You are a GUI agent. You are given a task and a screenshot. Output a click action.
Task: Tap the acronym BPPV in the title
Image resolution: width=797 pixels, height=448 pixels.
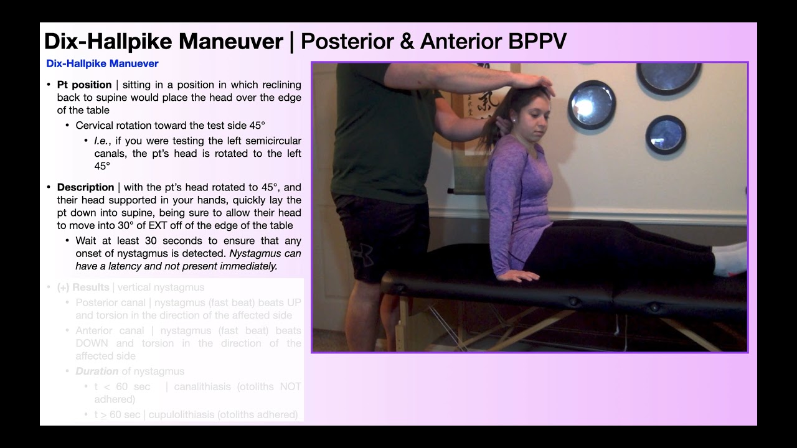(537, 42)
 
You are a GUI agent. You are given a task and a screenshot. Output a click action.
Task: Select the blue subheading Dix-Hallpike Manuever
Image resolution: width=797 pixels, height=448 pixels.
(102, 63)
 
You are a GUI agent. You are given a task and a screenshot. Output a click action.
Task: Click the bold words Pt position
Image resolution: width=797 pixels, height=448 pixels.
(84, 85)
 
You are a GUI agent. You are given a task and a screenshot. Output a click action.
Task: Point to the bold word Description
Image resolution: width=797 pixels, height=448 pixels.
(85, 187)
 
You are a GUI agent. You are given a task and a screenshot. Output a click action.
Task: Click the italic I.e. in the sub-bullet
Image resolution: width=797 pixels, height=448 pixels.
(103, 141)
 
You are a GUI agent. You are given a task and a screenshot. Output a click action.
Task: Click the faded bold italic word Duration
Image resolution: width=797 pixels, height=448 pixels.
(97, 371)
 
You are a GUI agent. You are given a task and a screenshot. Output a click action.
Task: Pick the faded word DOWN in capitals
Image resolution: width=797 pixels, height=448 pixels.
(92, 343)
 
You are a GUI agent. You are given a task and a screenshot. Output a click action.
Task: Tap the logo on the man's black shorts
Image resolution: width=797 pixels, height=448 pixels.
(364, 254)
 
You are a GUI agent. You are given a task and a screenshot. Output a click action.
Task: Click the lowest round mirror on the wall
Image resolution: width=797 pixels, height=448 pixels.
(665, 134)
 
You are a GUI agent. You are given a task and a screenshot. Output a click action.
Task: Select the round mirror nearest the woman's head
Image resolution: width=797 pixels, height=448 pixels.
(592, 105)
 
